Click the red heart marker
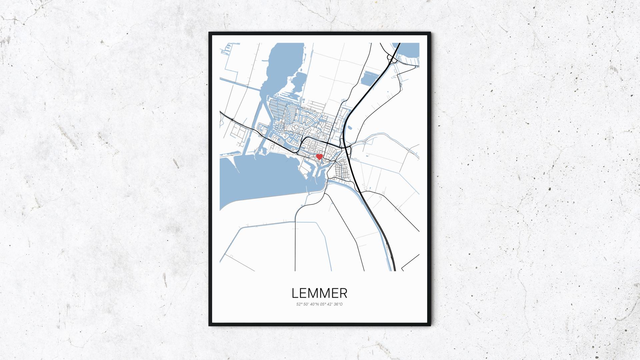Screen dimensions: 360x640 coord(319,156)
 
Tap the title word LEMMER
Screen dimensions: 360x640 coord(319,293)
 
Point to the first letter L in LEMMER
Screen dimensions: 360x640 coord(295,293)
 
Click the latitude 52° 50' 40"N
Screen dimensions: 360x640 coord(308,304)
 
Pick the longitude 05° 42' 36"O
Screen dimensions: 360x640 coord(331,304)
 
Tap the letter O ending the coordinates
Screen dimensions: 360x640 coord(341,304)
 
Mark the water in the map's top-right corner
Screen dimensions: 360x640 coord(410,52)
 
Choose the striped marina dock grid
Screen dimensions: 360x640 coord(277,110)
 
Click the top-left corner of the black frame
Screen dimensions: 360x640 coord(210,33)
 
